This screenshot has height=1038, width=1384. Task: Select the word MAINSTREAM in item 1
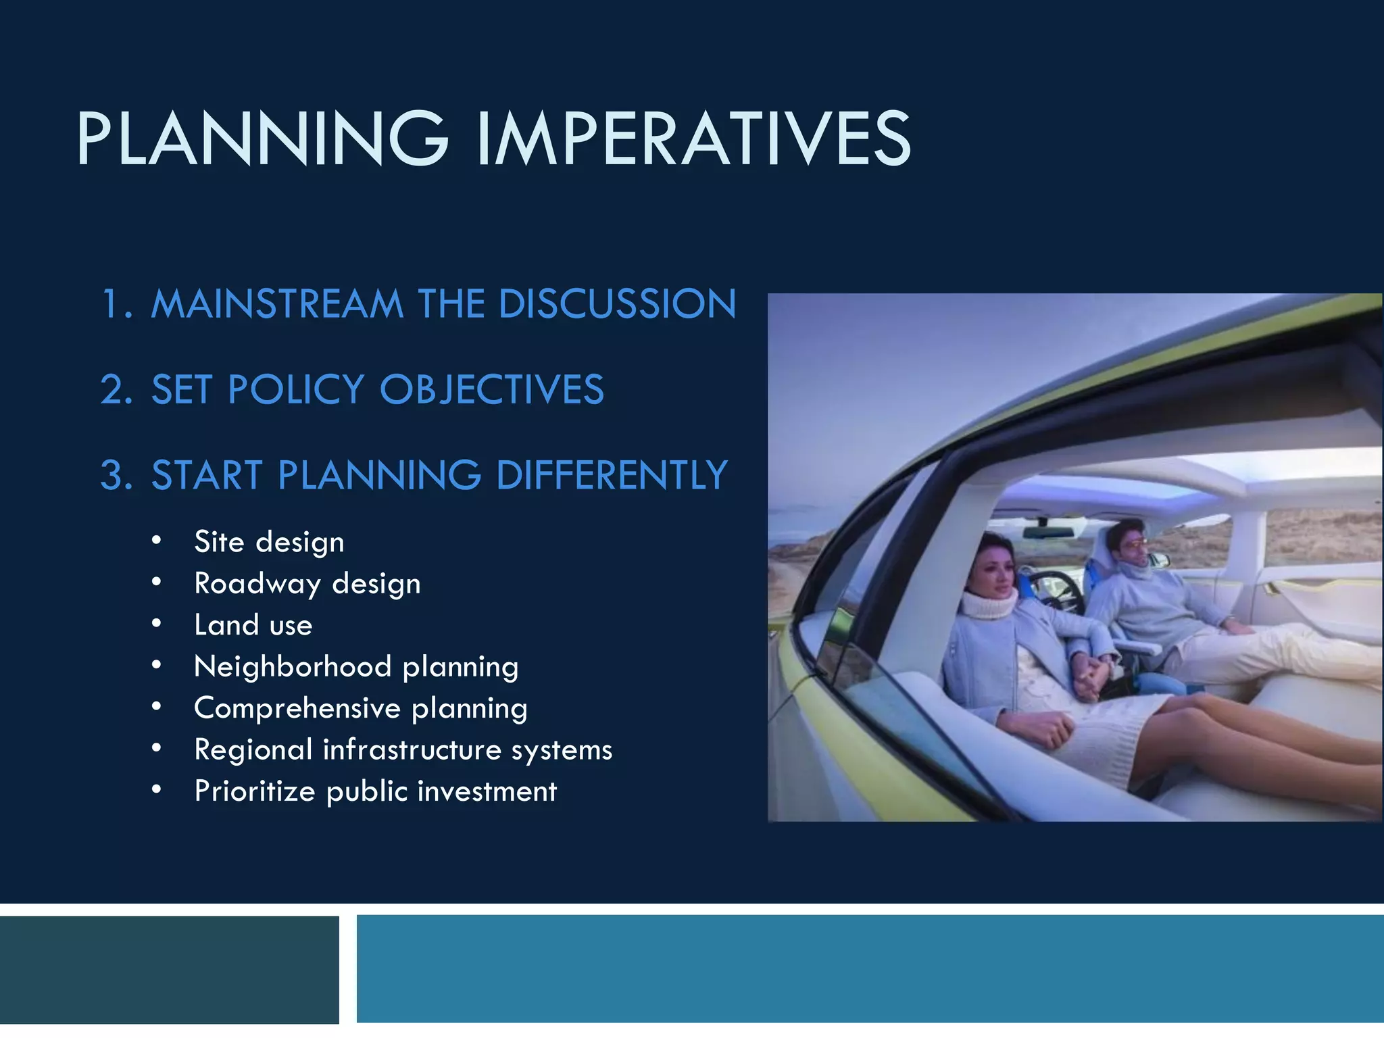277,303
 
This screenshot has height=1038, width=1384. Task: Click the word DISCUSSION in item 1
616,303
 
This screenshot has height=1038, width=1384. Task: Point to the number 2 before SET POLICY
116,390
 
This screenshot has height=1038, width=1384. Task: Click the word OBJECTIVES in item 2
491,390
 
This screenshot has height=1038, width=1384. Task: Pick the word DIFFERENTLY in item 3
612,475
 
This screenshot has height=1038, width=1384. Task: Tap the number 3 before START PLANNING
116,475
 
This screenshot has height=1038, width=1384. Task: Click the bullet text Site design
269,542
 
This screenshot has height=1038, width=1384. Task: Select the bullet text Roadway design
307,584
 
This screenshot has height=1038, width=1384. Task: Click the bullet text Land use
253,625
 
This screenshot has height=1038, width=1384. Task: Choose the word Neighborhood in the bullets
293,667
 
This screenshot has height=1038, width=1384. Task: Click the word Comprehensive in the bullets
297,708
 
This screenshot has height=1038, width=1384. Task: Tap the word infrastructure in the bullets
412,750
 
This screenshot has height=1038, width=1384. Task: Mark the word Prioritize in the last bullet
255,791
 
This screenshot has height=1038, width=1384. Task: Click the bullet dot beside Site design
157,541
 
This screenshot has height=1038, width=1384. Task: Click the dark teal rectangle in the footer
169,970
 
